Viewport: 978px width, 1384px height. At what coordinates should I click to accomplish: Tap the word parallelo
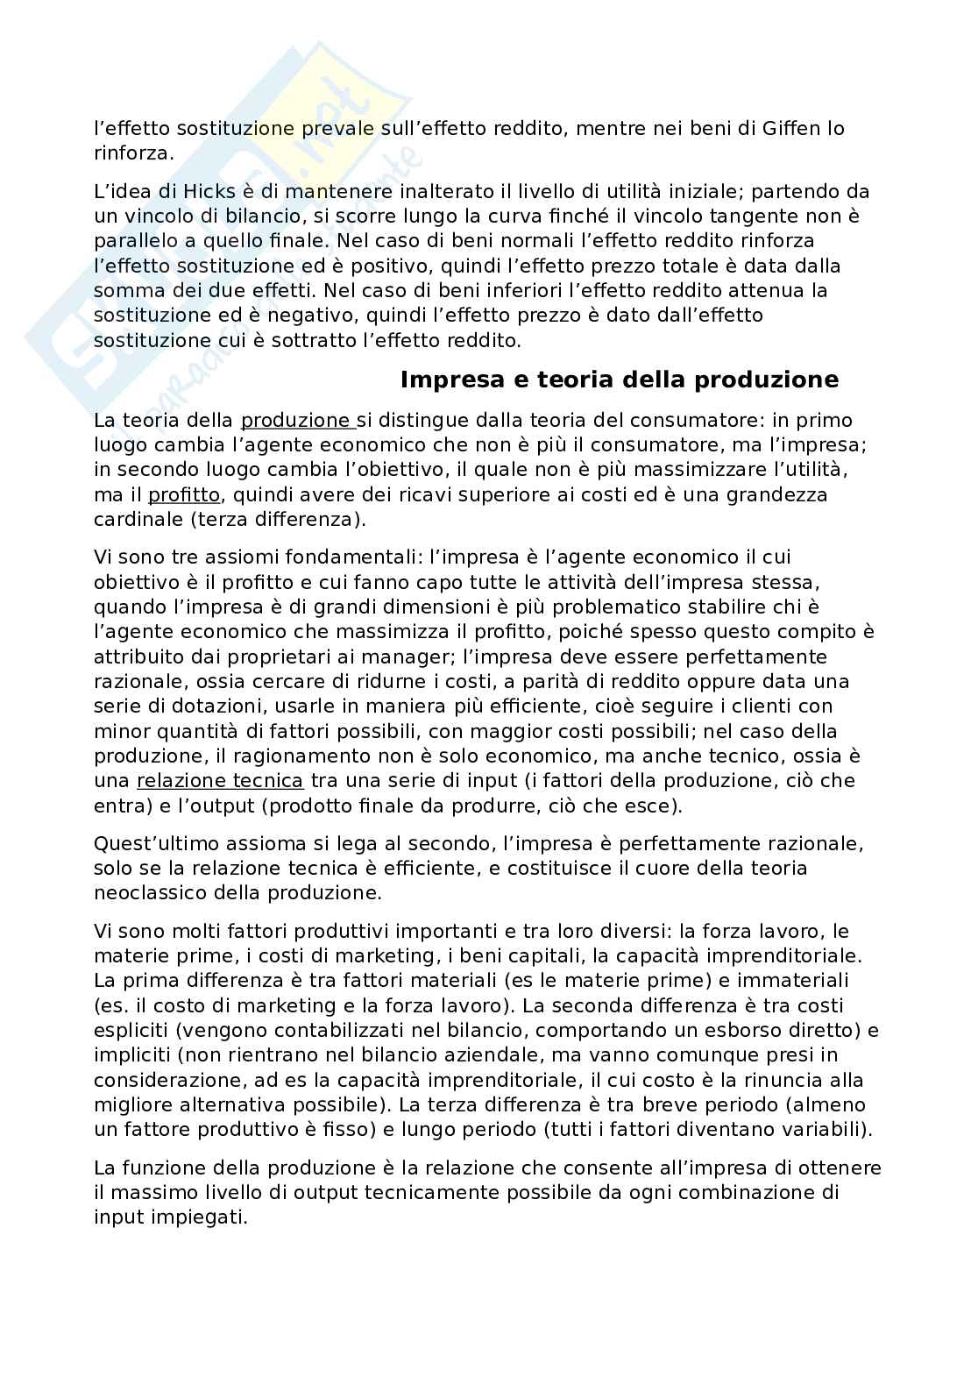click(x=135, y=240)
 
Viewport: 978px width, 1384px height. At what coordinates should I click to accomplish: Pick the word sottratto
click(x=311, y=339)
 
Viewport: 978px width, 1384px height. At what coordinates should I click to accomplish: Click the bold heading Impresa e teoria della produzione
click(x=619, y=380)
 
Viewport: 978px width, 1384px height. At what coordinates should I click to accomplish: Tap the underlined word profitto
click(x=183, y=494)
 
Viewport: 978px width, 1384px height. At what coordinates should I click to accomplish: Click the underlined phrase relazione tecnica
click(x=219, y=780)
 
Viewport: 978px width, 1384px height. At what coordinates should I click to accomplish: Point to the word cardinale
click(x=132, y=519)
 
